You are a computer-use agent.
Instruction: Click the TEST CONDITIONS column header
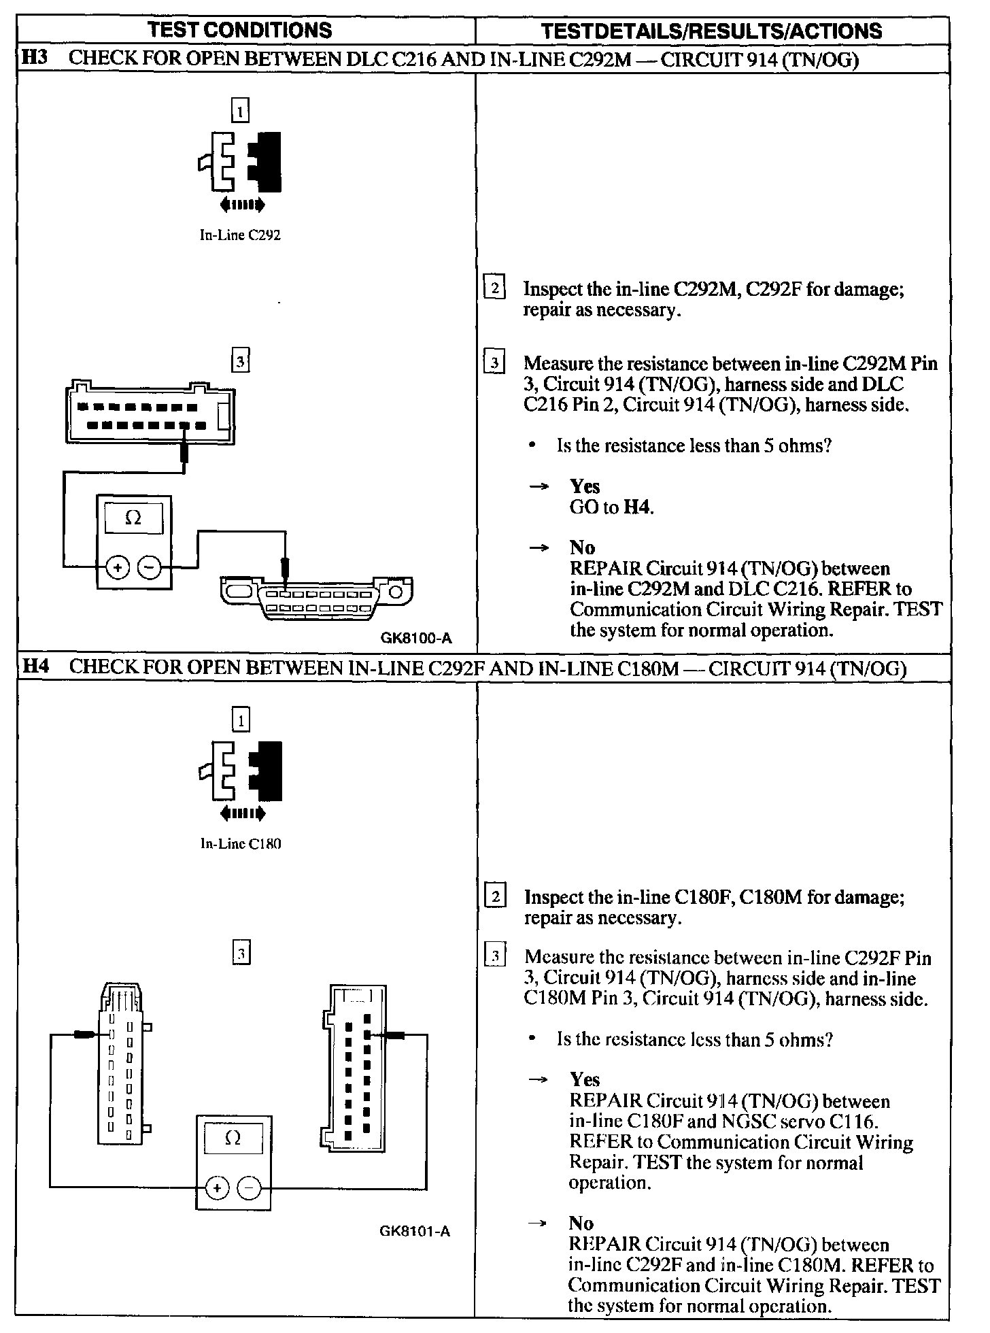point(240,30)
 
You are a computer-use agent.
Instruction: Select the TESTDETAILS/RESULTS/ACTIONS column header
point(711,31)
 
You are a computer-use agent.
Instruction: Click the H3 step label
point(35,58)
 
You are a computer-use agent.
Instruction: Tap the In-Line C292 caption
point(240,235)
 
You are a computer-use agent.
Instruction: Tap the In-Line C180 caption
point(240,844)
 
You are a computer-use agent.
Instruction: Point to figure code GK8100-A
point(415,638)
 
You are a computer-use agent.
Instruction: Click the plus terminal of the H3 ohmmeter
point(118,567)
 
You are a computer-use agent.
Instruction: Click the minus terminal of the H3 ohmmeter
point(150,567)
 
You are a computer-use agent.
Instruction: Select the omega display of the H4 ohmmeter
point(233,1138)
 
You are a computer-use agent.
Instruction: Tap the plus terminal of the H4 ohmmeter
point(217,1188)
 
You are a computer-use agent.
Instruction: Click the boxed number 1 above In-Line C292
point(240,109)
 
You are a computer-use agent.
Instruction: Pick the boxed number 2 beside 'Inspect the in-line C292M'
point(494,288)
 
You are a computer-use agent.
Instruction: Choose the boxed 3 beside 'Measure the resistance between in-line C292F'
point(495,957)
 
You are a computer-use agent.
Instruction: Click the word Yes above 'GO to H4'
point(585,486)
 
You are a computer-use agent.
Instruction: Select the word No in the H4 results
point(581,1223)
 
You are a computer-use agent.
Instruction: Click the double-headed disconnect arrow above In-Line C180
point(243,813)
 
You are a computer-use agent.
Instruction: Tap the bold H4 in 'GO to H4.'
point(638,507)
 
